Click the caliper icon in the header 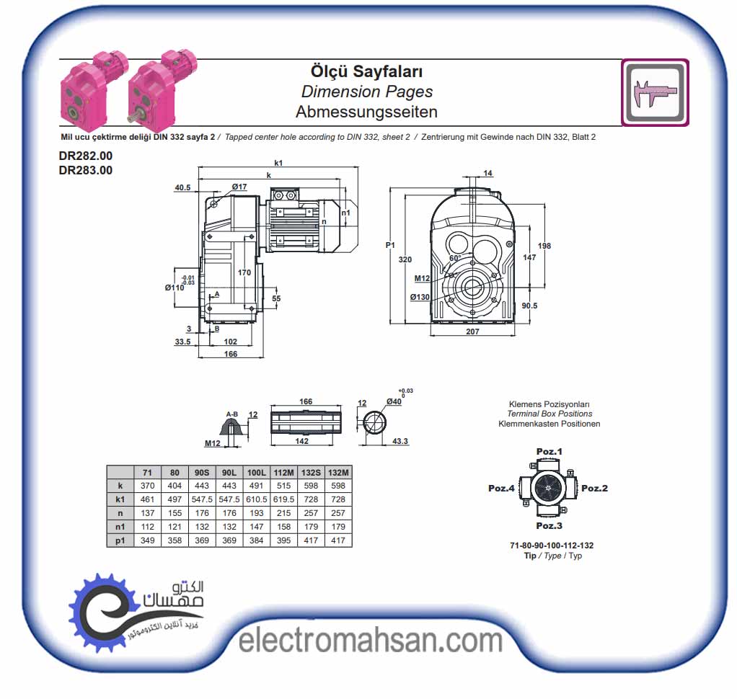pos(656,92)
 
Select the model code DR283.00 pos(86,170)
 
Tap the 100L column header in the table pos(256,473)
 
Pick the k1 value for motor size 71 pos(147,499)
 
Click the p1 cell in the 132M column pos(338,540)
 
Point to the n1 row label pos(120,527)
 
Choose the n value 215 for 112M pos(283,513)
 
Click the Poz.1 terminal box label pos(549,451)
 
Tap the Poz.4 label pos(501,488)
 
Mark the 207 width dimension pos(472,331)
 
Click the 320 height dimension pos(405,259)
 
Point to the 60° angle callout pos(455,259)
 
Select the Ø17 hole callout pos(239,187)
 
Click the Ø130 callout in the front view pos(419,297)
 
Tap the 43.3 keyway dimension pos(400,441)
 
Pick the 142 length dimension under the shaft pos(301,440)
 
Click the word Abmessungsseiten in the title pos(366,112)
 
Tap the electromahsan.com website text pos(371,641)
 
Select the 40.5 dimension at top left pos(183,187)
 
